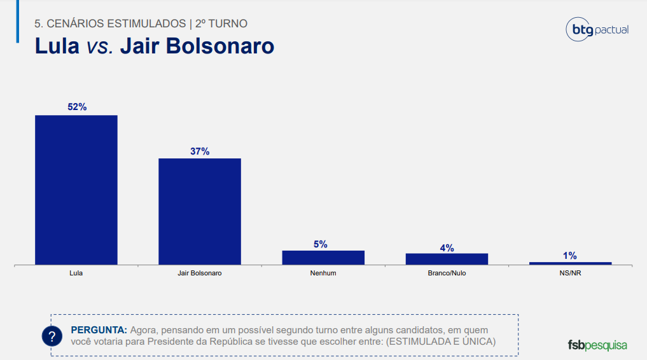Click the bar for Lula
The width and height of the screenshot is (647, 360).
click(76, 190)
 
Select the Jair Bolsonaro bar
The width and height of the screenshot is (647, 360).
click(200, 211)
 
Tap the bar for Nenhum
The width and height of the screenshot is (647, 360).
click(323, 258)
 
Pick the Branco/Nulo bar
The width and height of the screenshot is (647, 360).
click(447, 259)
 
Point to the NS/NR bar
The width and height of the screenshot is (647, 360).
click(570, 263)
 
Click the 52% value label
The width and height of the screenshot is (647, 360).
click(77, 107)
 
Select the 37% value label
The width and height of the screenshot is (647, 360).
click(200, 151)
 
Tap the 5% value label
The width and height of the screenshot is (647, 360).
click(320, 244)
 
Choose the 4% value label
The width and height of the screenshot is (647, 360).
click(447, 248)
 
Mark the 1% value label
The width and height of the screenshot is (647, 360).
click(569, 256)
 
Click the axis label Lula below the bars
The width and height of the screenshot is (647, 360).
click(76, 273)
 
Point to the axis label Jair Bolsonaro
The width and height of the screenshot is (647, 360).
click(200, 273)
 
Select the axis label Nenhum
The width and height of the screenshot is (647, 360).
click(323, 273)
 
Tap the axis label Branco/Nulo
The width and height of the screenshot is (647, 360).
click(447, 273)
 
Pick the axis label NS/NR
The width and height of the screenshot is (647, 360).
click(570, 273)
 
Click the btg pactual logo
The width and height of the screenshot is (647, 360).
click(597, 30)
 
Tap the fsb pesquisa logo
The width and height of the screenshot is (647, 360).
click(597, 345)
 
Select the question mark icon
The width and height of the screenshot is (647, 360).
click(52, 336)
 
